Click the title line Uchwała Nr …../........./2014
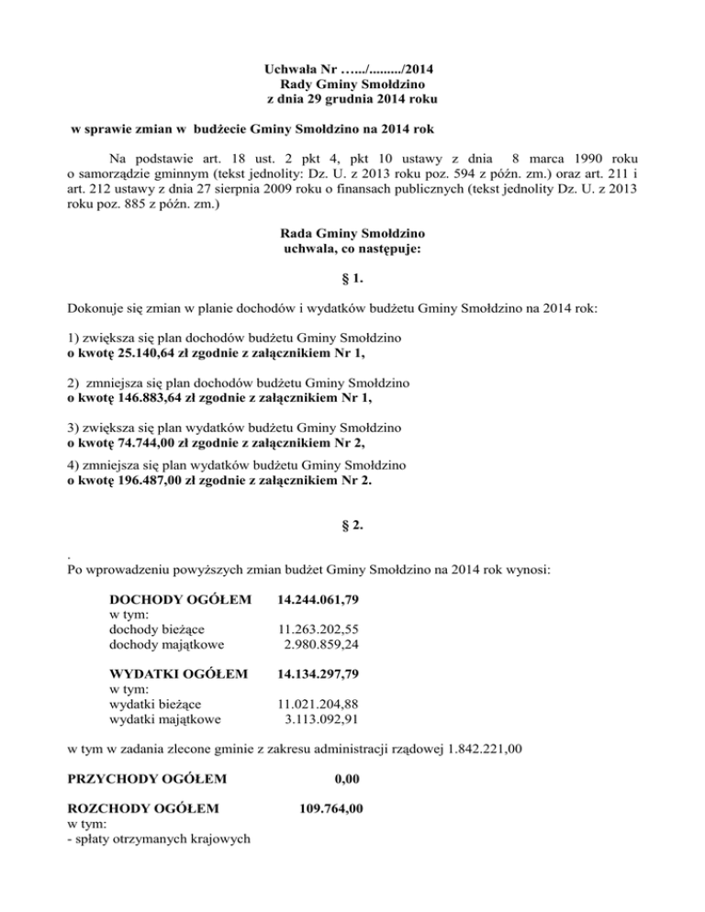pos(352,68)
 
